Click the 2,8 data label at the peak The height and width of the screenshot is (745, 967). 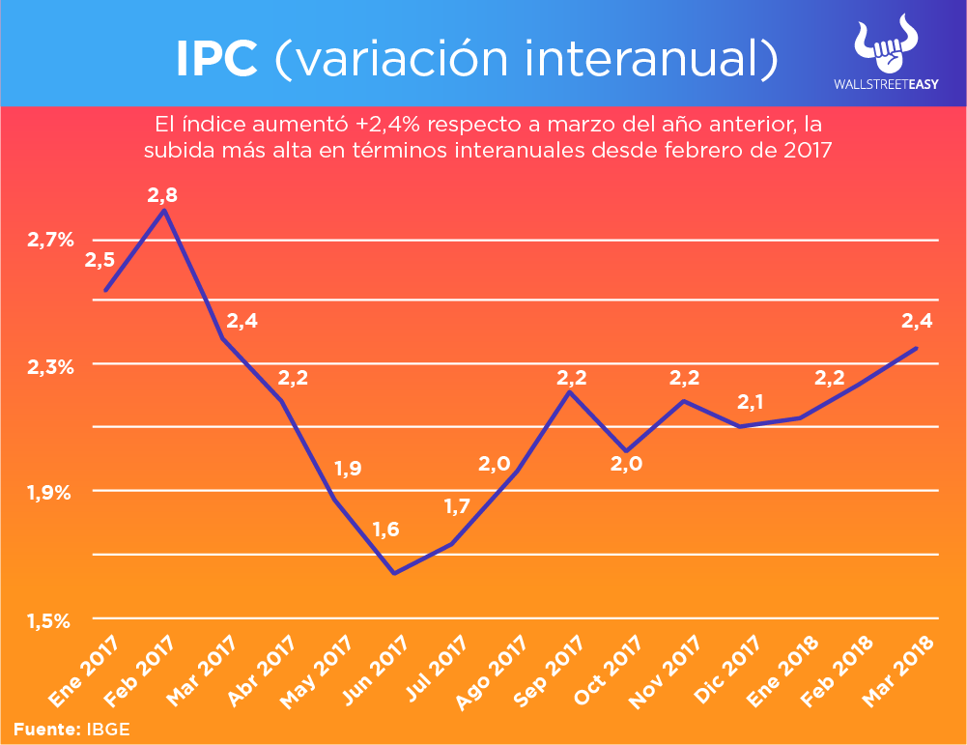[x=162, y=195]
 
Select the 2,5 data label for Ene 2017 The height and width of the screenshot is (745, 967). [x=100, y=260]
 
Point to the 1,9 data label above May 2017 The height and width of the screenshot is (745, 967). [x=348, y=470]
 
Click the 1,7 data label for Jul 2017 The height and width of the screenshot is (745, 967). [x=459, y=505]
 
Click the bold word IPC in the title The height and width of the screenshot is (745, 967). [x=216, y=59]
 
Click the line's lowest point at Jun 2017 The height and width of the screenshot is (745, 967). [x=394, y=574]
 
